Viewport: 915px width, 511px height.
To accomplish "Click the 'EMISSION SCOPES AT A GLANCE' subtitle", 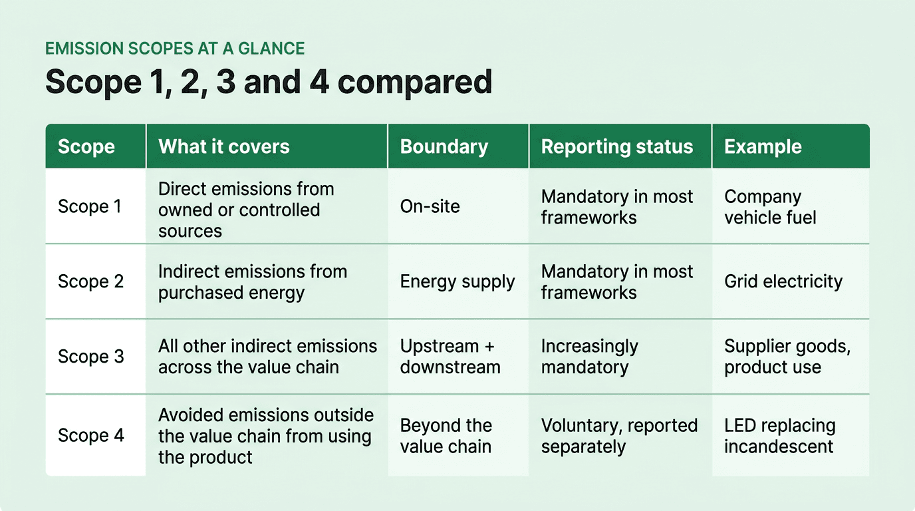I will pyautogui.click(x=174, y=49).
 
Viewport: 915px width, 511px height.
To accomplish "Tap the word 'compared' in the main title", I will pyautogui.click(x=414, y=82).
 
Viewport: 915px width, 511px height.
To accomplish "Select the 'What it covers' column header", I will pyautogui.click(x=224, y=147).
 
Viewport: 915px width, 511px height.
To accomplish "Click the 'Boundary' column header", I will pyautogui.click(x=444, y=147).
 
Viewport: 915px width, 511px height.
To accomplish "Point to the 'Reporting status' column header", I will pyautogui.click(x=617, y=147).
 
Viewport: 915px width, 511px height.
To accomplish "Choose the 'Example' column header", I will pyautogui.click(x=763, y=147).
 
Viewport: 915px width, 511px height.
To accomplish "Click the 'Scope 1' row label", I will pyautogui.click(x=90, y=206).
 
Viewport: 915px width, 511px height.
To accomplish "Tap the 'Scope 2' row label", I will pyautogui.click(x=90, y=281).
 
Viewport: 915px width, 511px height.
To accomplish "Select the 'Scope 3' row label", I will pyautogui.click(x=90, y=357).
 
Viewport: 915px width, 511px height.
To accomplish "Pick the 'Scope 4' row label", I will pyautogui.click(x=90, y=435).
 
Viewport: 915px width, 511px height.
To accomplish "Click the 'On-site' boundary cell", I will pyautogui.click(x=430, y=206).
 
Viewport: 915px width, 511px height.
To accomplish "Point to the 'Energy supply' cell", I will pyautogui.click(x=457, y=281).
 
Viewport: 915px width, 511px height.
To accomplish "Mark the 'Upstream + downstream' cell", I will pyautogui.click(x=450, y=357).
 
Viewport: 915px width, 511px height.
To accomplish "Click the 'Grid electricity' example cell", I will pyautogui.click(x=783, y=281).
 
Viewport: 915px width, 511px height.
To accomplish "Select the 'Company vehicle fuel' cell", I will pyautogui.click(x=770, y=207).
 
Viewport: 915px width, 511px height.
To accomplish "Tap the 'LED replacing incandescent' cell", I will pyautogui.click(x=779, y=436).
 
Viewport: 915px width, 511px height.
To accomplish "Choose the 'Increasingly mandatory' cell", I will pyautogui.click(x=589, y=357).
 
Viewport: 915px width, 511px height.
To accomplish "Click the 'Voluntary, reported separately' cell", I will pyautogui.click(x=619, y=436).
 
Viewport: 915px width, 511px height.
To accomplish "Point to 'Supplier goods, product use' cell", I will pyautogui.click(x=787, y=357).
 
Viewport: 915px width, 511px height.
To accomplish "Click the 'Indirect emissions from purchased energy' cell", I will pyautogui.click(x=253, y=282).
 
